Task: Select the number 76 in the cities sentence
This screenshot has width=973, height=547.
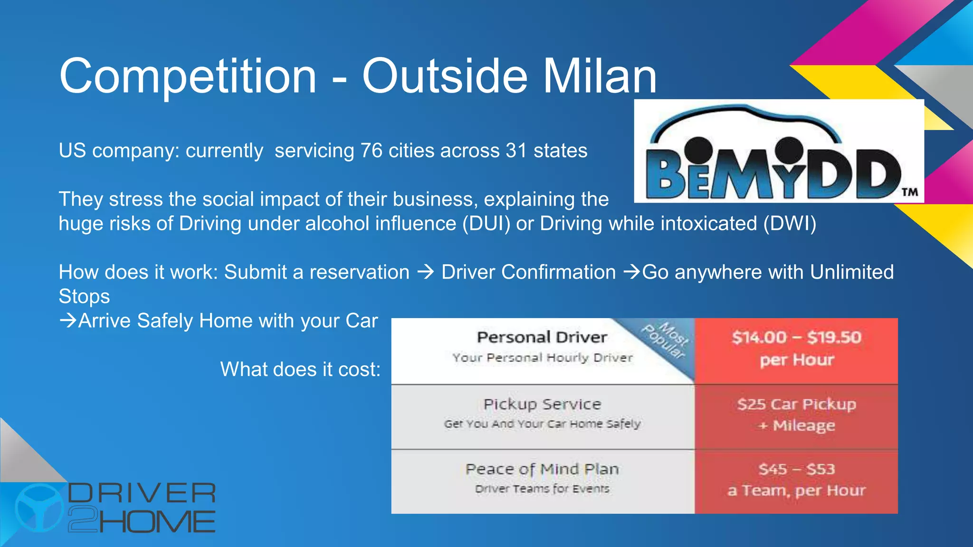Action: pos(371,151)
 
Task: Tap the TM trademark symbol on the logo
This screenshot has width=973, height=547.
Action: pos(909,192)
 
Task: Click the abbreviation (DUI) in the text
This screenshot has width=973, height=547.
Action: pos(486,224)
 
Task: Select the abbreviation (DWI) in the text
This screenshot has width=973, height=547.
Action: pos(790,224)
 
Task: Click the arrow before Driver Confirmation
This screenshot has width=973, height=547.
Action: pos(425,272)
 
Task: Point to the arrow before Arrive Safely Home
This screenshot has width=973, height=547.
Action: pos(68,321)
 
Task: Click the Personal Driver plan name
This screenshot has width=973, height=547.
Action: pos(542,337)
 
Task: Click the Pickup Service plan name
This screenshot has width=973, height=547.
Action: pos(542,404)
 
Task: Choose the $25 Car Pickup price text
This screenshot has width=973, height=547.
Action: pos(796,404)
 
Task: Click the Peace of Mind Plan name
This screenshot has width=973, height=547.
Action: pos(542,469)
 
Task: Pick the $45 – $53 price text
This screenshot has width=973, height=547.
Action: pos(796,469)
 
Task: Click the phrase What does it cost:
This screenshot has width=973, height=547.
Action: pos(300,369)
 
